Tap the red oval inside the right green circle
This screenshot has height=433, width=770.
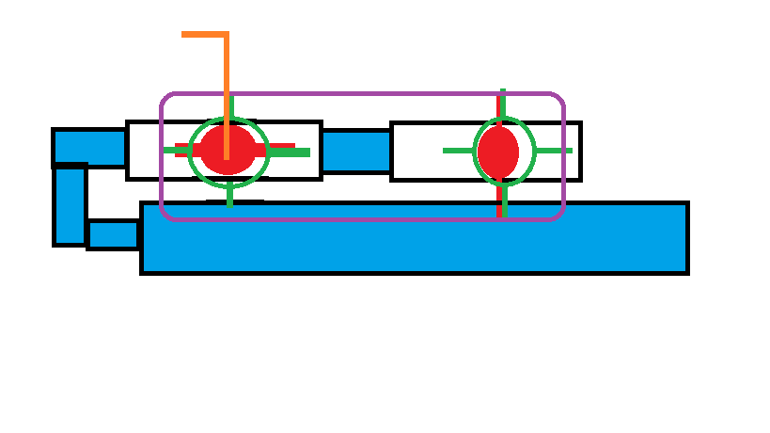(497, 151)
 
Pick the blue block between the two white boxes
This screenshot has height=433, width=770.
(356, 151)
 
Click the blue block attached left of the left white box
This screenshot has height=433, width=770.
(89, 147)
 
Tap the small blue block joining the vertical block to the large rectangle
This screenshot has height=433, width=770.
(114, 234)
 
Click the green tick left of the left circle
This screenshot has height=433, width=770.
(177, 150)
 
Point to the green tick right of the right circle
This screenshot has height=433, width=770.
(554, 151)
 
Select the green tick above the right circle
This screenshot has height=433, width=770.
(503, 104)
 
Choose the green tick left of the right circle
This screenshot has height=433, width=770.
(459, 151)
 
